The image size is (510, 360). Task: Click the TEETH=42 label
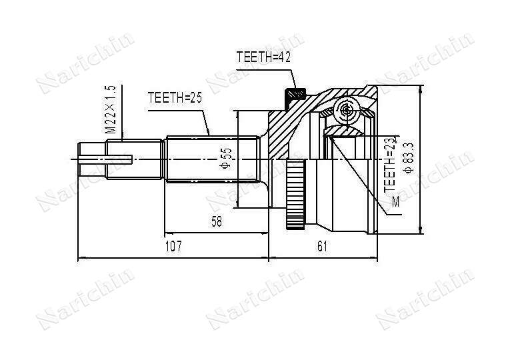click(263, 57)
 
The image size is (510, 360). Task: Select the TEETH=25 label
click(175, 97)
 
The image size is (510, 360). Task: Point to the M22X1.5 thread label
click(110, 109)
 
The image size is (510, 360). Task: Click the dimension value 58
click(217, 221)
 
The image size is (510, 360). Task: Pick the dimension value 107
click(173, 246)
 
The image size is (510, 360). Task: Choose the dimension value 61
click(322, 246)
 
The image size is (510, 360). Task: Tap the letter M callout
click(395, 202)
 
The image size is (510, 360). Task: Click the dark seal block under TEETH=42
click(295, 96)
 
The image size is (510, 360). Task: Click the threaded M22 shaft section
click(134, 159)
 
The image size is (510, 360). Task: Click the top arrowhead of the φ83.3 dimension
click(421, 89)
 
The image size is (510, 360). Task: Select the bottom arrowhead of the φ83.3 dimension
click(421, 230)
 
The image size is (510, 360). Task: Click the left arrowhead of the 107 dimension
click(81, 258)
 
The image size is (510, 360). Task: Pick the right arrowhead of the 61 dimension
click(374, 258)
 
